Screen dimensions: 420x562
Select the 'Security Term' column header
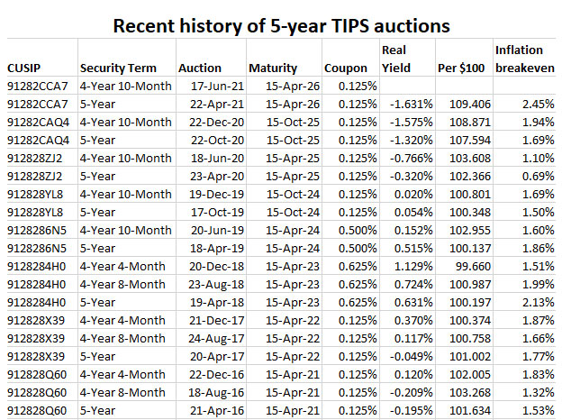[118, 68]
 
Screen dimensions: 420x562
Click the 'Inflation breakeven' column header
[524, 59]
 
